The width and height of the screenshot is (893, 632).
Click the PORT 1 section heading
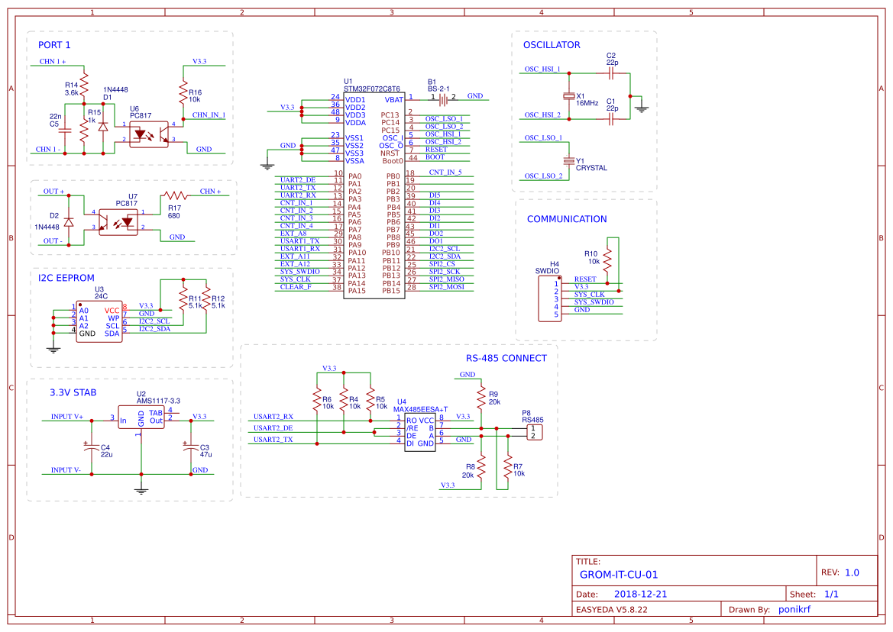coord(54,45)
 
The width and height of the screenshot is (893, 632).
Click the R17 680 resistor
coord(174,195)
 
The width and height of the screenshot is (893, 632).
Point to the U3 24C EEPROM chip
coord(99,322)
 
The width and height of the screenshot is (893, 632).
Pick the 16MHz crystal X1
coord(568,96)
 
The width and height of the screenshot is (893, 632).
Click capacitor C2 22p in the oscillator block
coord(610,73)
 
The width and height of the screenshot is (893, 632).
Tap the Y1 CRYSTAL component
coord(568,161)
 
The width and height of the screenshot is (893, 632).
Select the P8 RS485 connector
coord(535,433)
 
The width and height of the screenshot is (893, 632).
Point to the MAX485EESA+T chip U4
coord(419,432)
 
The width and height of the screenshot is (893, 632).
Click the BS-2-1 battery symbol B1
coord(442,98)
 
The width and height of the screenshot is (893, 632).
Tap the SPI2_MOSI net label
coord(446,287)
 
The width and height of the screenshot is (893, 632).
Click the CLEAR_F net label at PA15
coord(296,287)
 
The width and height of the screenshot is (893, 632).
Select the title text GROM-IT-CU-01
coord(618,575)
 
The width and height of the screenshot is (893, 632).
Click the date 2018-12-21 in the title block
coord(641,594)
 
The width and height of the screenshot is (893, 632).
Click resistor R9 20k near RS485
coord(481,397)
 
